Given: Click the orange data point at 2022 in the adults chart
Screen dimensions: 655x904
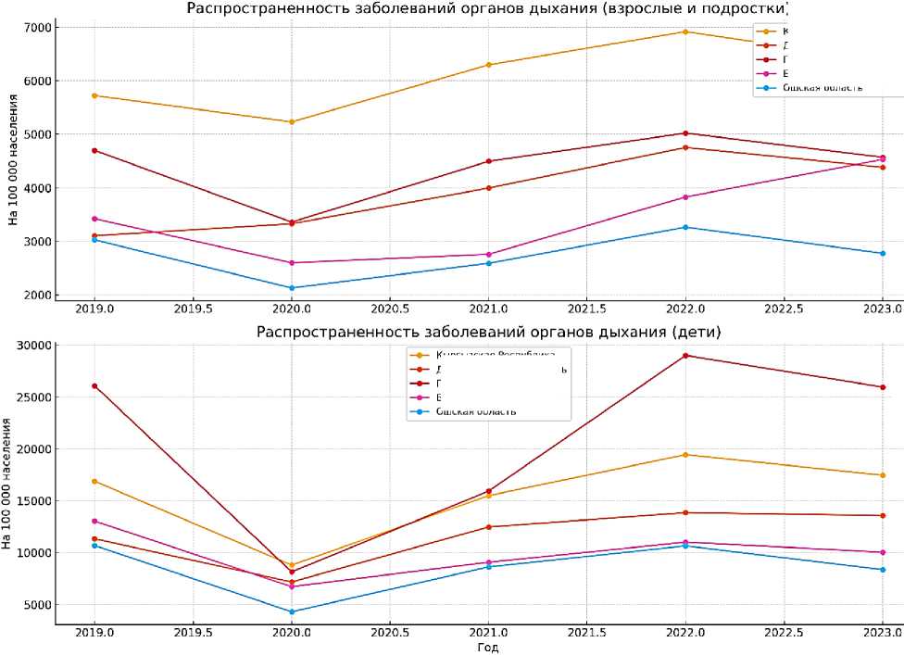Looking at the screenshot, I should click(684, 31).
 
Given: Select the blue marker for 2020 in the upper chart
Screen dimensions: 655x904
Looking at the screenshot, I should click(292, 288).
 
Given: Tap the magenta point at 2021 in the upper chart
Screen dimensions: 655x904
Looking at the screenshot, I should click(488, 255).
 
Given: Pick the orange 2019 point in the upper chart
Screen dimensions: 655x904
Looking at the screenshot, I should click(94, 95).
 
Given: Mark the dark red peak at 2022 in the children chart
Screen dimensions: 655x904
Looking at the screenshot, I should click(684, 356).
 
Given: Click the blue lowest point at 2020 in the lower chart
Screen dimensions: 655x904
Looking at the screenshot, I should click(292, 611).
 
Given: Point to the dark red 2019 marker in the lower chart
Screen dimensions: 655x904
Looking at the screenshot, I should click(94, 386).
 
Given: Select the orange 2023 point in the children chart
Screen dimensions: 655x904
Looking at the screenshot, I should click(882, 475).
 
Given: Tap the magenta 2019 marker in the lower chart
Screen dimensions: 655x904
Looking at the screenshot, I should click(94, 521).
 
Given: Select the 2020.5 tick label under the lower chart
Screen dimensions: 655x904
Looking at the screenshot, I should click(390, 632).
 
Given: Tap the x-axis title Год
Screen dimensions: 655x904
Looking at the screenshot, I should click(488, 647).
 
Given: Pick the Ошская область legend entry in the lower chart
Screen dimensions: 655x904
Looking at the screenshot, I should click(475, 411).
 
